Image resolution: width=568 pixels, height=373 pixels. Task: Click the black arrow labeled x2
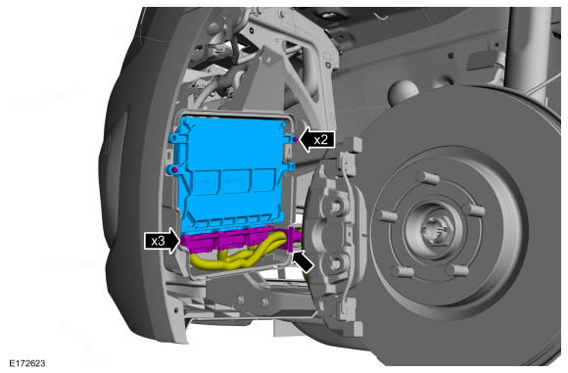click(316, 139)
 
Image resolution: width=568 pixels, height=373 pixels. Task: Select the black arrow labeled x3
click(162, 241)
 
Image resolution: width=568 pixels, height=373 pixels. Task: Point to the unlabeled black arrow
click(303, 262)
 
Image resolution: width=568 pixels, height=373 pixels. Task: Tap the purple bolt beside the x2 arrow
click(295, 139)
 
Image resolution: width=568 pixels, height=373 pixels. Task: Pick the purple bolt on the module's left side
click(174, 169)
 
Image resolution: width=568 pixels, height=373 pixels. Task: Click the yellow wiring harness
click(239, 256)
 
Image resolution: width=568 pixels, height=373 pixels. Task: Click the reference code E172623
click(27, 363)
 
